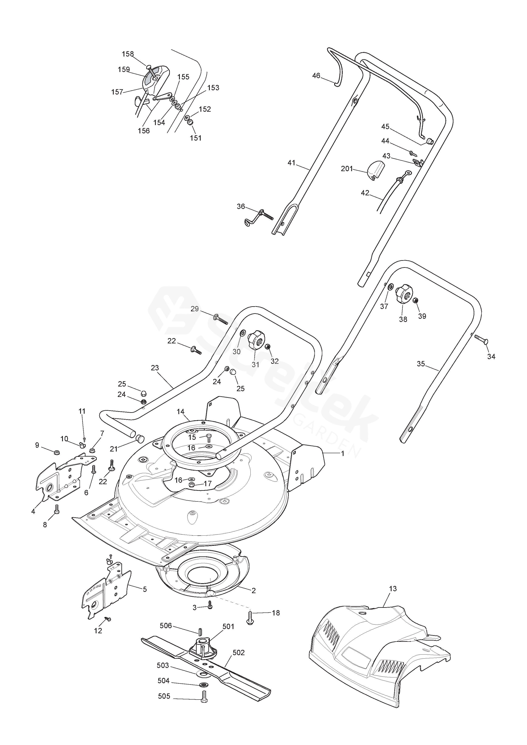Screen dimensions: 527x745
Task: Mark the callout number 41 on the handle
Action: click(292, 162)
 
